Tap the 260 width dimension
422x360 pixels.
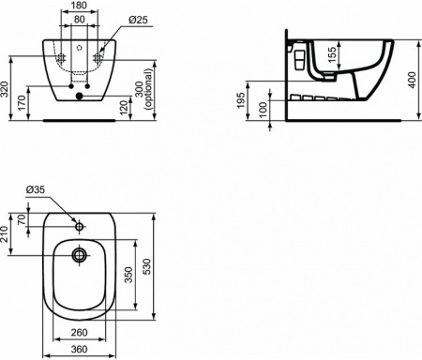coord(79,333)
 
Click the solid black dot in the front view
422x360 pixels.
coord(80,94)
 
